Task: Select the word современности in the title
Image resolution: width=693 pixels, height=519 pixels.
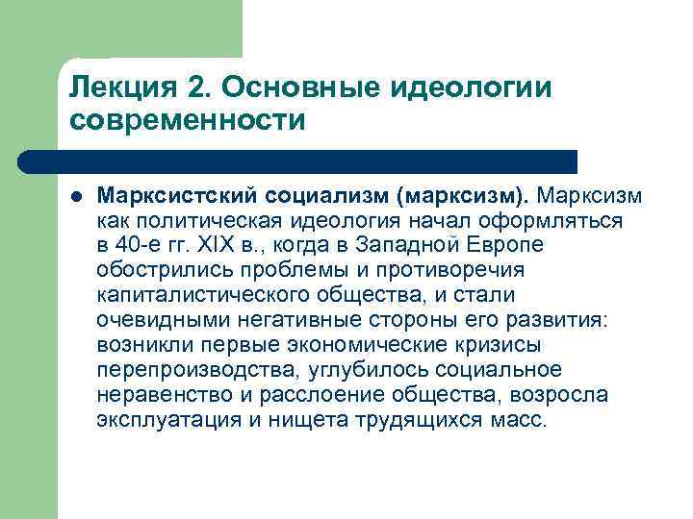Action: tap(187, 121)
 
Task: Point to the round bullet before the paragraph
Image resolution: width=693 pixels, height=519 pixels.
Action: tap(76, 197)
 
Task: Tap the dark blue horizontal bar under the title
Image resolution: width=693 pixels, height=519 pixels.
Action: tap(308, 161)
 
